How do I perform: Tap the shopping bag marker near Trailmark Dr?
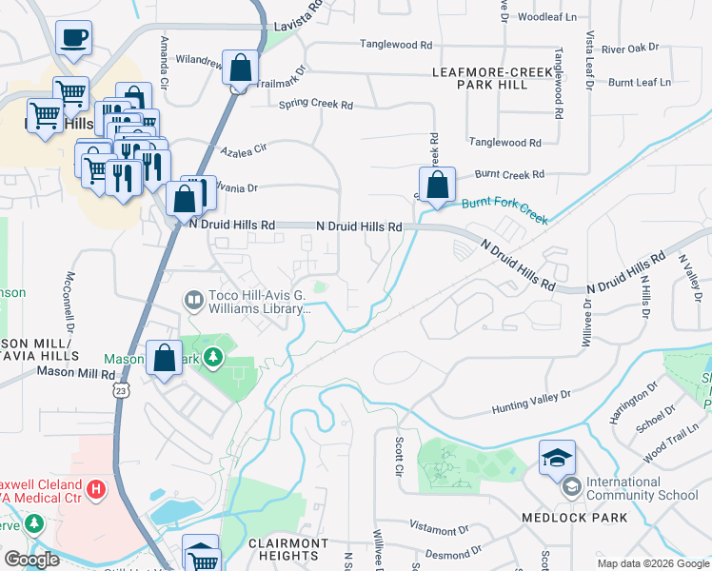(241, 68)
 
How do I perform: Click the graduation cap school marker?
(557, 458)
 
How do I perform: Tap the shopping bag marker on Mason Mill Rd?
(164, 359)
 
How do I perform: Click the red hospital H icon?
(95, 489)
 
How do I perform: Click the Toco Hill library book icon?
(194, 301)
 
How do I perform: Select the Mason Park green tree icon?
(215, 358)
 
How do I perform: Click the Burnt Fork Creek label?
(504, 210)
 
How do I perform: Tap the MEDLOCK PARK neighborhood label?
(574, 518)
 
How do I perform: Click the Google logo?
(32, 559)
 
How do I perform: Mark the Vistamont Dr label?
(439, 527)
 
